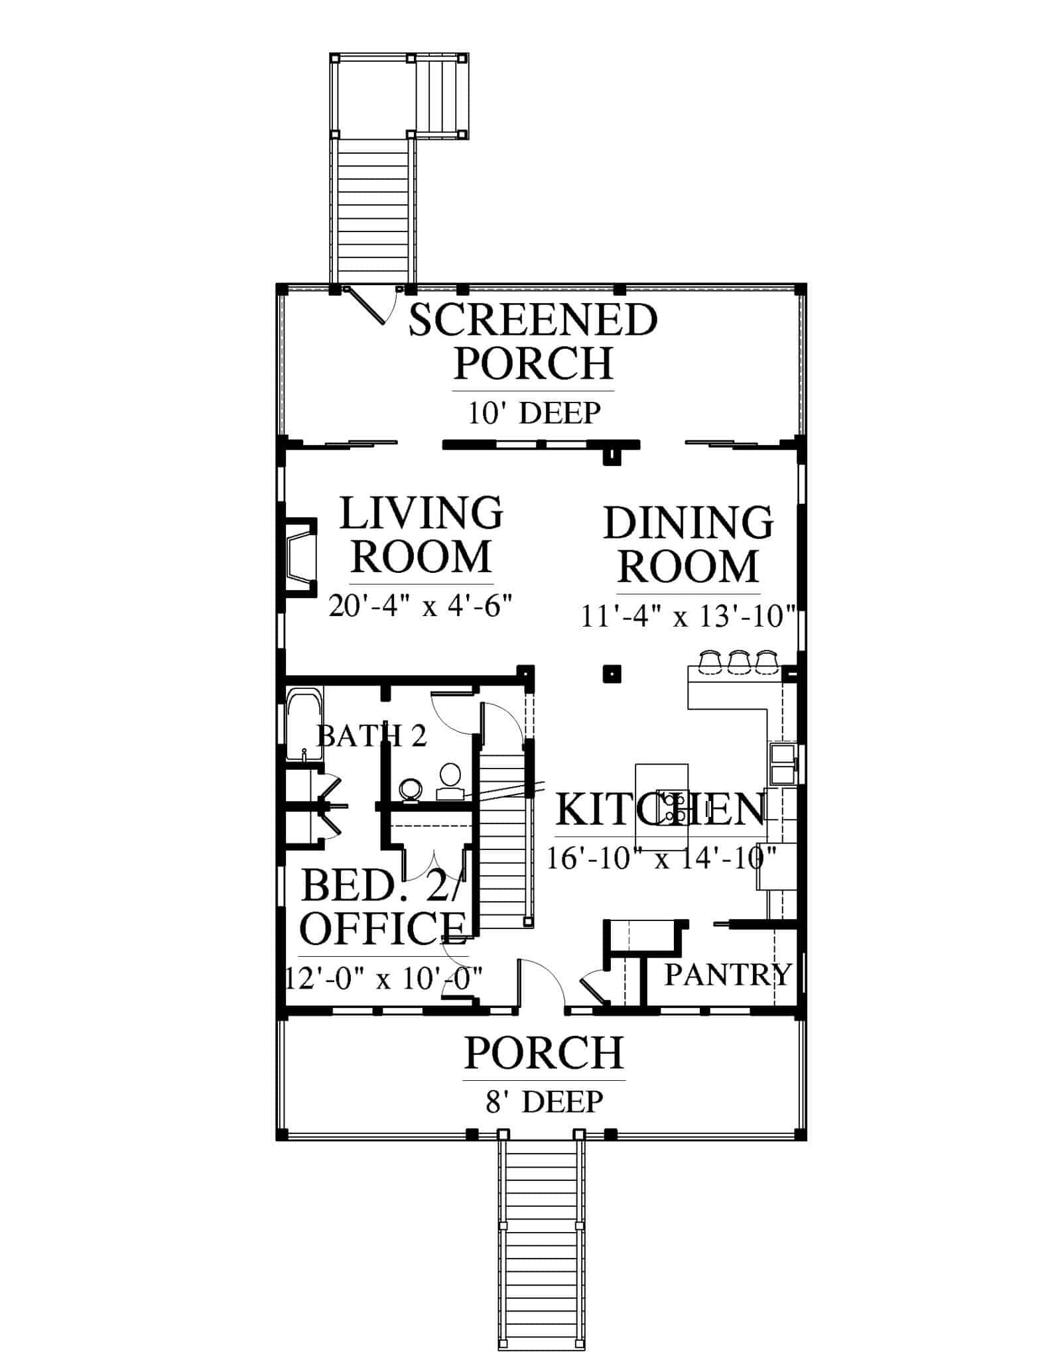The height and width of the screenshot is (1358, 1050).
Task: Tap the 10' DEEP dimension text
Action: point(534,413)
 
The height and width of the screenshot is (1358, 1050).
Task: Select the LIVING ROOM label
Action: point(421,534)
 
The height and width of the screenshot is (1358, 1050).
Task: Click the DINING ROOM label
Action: point(689,544)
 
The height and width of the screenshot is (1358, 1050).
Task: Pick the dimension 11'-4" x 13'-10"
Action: point(688,617)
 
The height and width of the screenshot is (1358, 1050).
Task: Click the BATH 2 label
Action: point(371,735)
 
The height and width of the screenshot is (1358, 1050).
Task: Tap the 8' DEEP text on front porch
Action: point(545,1101)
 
